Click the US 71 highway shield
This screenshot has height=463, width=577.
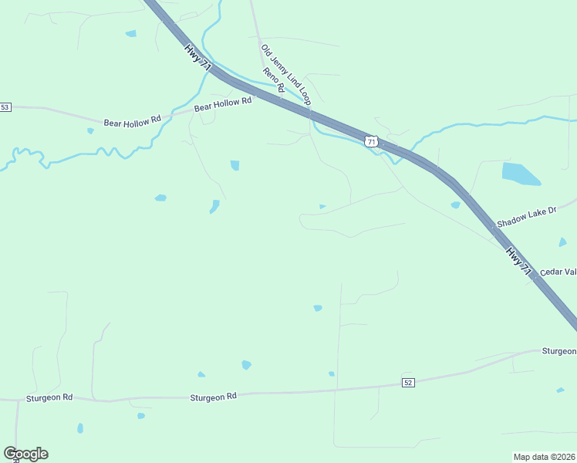point(372,141)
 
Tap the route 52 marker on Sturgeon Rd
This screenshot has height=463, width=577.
point(408,383)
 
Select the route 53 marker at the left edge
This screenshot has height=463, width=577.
point(5,107)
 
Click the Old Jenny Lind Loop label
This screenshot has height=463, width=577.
point(285,75)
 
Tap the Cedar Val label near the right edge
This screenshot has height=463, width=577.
point(558,272)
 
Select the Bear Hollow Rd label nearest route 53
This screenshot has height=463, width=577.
point(132,120)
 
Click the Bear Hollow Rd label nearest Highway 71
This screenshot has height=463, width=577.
point(223,104)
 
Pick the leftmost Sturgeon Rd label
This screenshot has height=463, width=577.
point(49,397)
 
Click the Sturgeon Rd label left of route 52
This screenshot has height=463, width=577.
point(213,397)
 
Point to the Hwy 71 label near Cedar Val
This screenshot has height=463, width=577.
point(519,262)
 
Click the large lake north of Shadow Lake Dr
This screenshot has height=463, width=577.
point(521,174)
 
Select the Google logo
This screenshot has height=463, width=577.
point(25,454)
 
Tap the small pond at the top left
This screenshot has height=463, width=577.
point(130,34)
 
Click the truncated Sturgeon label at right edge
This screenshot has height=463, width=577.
point(558,351)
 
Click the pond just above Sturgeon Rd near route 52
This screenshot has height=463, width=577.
point(332,374)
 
